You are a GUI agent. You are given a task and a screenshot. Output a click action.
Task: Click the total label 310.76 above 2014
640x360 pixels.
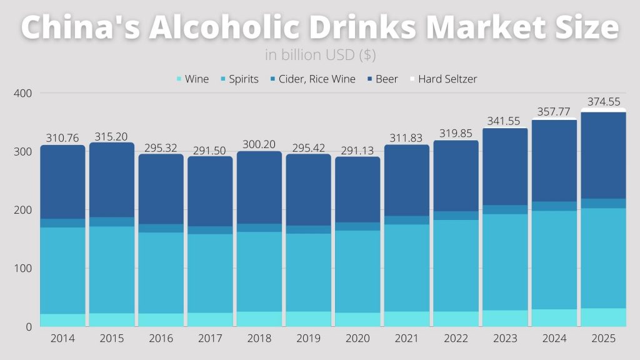point(62,138)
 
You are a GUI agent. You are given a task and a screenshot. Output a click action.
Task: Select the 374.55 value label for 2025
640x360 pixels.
point(603,102)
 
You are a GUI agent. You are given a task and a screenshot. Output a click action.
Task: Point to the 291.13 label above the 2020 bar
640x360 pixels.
point(357,150)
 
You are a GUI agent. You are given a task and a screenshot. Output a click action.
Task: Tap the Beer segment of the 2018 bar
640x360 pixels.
point(259,187)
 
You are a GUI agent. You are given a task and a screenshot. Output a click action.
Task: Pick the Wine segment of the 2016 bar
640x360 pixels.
point(161,319)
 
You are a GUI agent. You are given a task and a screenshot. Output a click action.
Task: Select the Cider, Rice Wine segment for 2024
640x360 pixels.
point(554,206)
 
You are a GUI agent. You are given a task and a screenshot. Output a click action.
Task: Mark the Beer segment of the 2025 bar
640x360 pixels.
point(603,156)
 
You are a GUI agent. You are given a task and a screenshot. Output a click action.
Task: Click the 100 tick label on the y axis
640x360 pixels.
point(22,269)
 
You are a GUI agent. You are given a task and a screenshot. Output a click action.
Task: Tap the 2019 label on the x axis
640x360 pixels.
point(308,339)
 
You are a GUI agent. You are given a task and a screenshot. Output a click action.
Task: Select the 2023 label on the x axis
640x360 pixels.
point(505,339)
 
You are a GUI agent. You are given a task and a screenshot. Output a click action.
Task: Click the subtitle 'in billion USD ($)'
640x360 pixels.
point(320,55)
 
